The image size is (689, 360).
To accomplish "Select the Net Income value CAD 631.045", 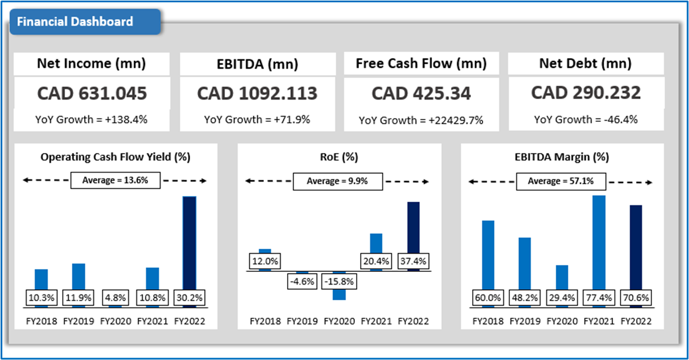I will tap(92, 93).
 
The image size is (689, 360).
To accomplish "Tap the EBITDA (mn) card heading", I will tap(257, 64).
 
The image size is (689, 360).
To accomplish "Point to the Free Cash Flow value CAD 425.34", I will tap(421, 93).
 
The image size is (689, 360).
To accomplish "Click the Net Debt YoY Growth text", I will tap(586, 119).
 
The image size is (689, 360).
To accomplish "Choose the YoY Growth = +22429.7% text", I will tap(421, 120).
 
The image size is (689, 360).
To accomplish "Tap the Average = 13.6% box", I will tap(115, 180).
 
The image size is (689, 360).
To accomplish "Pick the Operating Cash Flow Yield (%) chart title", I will tap(115, 157).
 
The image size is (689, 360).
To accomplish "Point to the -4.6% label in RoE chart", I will tap(302, 282).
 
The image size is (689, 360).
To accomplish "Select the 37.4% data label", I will tap(413, 261).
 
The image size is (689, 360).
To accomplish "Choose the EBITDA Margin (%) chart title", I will tap(561, 157).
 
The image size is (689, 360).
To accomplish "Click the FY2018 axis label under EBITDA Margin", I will tap(488, 321).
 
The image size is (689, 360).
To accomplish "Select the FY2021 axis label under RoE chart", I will tap(376, 321).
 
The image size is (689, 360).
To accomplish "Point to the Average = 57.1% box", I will tap(560, 181).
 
